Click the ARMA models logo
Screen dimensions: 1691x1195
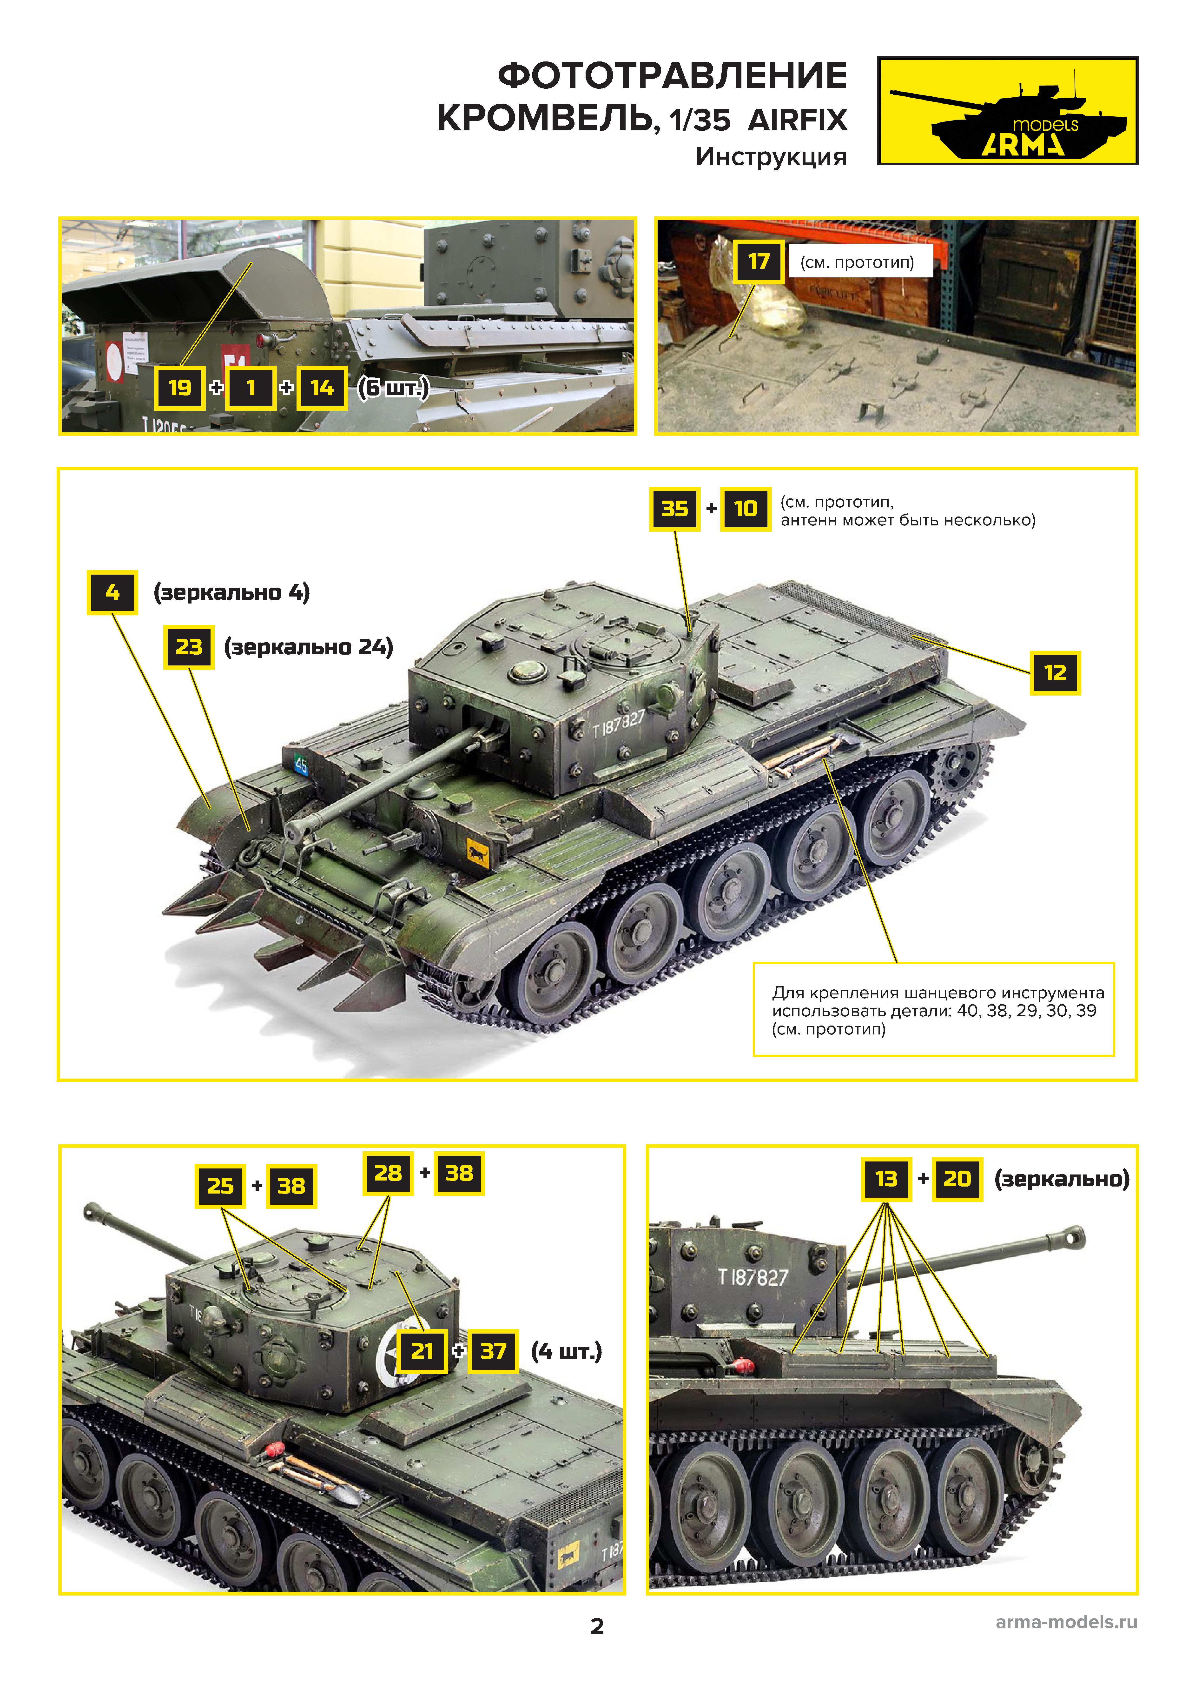pyautogui.click(x=1007, y=110)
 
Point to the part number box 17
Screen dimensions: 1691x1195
pyautogui.click(x=758, y=262)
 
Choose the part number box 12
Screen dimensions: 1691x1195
pyautogui.click(x=1054, y=672)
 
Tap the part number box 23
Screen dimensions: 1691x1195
pyautogui.click(x=189, y=647)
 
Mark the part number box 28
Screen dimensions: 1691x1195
pyautogui.click(x=388, y=1173)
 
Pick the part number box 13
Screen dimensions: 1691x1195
pyautogui.click(x=886, y=1179)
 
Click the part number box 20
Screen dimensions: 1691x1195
pyautogui.click(x=957, y=1179)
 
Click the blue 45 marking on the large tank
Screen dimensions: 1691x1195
pyautogui.click(x=300, y=765)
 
